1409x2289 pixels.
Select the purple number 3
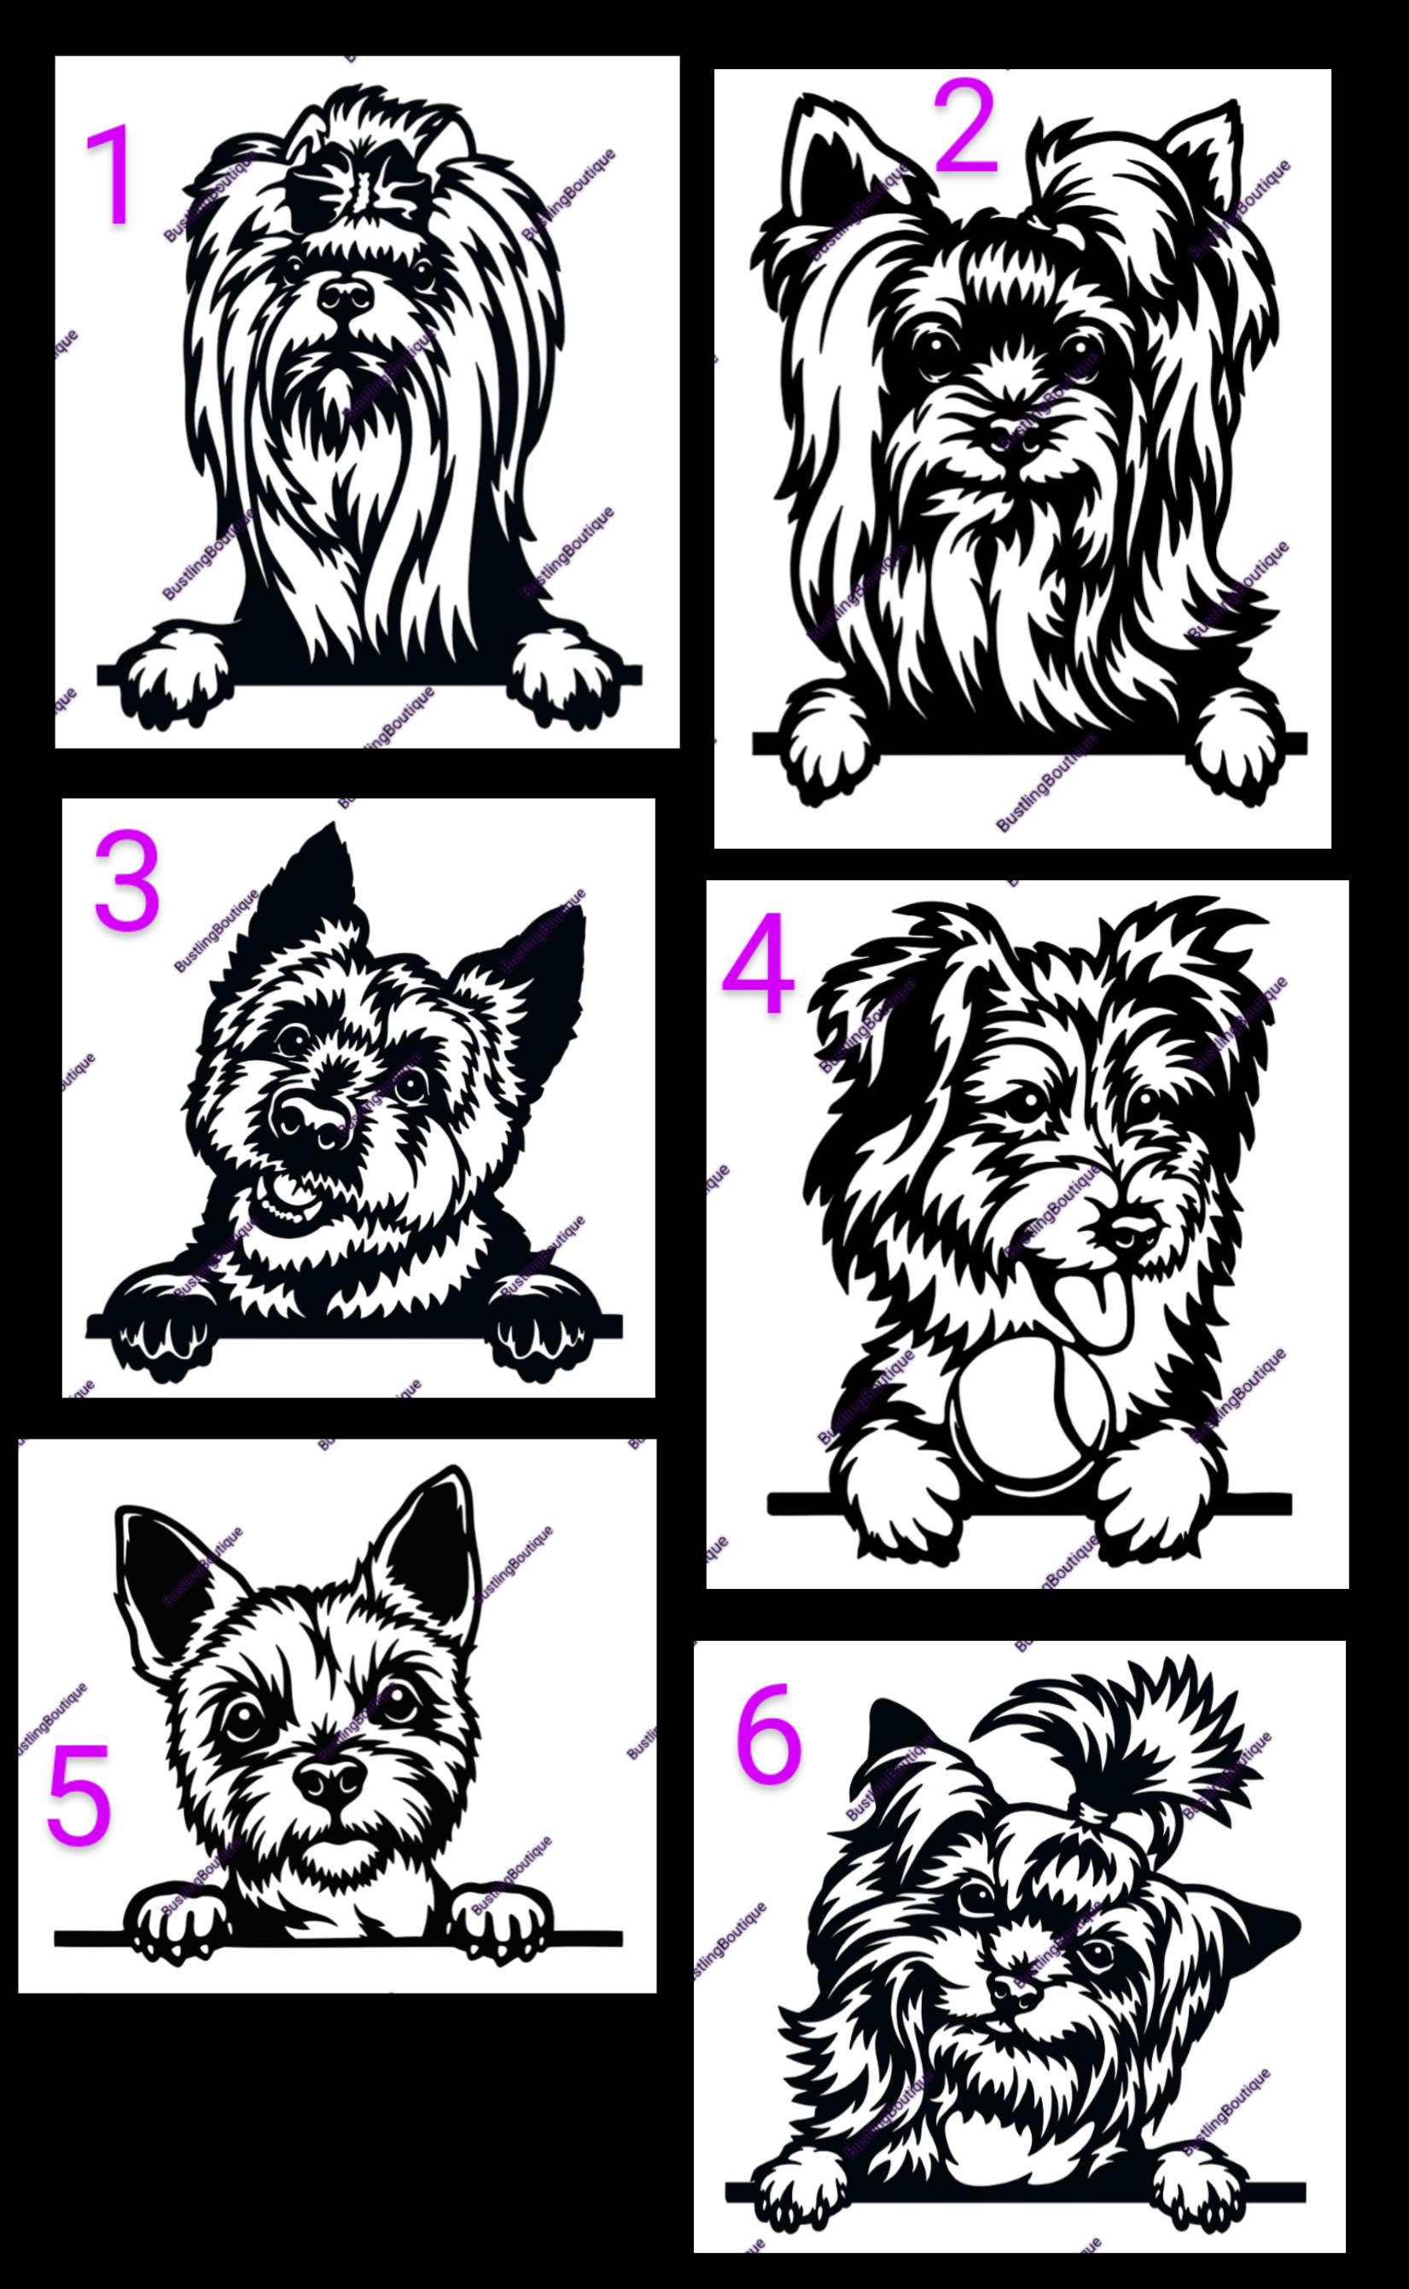pos(127,884)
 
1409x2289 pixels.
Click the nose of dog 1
pos(346,296)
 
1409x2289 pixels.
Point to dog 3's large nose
pos(312,1117)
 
